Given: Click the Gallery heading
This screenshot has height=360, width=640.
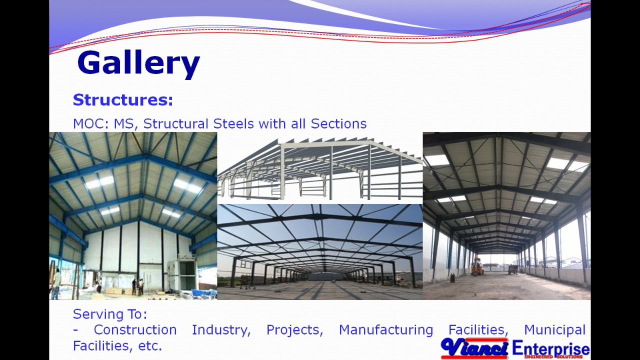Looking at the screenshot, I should tap(138, 63).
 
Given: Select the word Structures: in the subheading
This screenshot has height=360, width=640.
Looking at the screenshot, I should tap(123, 100).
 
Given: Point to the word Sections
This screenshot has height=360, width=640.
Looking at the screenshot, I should tap(338, 124).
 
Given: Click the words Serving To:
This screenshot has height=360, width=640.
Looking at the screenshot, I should tap(110, 314).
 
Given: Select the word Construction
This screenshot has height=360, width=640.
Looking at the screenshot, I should tap(135, 330).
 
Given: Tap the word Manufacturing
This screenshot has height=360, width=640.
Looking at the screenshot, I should tap(385, 330).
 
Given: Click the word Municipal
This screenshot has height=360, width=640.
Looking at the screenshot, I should tap(554, 330).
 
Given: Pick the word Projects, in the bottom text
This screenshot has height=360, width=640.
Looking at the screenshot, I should tap(294, 330).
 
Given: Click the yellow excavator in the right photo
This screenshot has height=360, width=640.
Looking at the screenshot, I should tap(477, 266).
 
